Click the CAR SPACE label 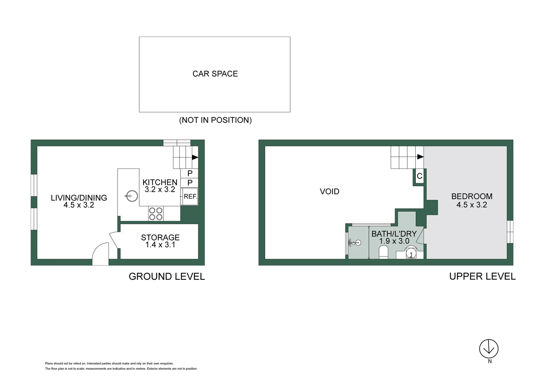[215, 74]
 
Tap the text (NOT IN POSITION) [215, 120]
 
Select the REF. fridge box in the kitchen [190, 196]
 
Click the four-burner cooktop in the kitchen [156, 213]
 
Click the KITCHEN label [160, 182]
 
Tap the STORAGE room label [160, 238]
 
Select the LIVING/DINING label [79, 198]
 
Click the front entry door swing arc [100, 254]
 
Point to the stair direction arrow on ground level [195, 157]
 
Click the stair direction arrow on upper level [420, 157]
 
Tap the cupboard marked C [419, 176]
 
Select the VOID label [329, 192]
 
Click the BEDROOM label [472, 196]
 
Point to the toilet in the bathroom [383, 253]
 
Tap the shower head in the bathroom [358, 243]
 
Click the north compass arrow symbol [488, 348]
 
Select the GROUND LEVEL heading [167, 277]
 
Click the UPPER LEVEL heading [482, 277]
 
